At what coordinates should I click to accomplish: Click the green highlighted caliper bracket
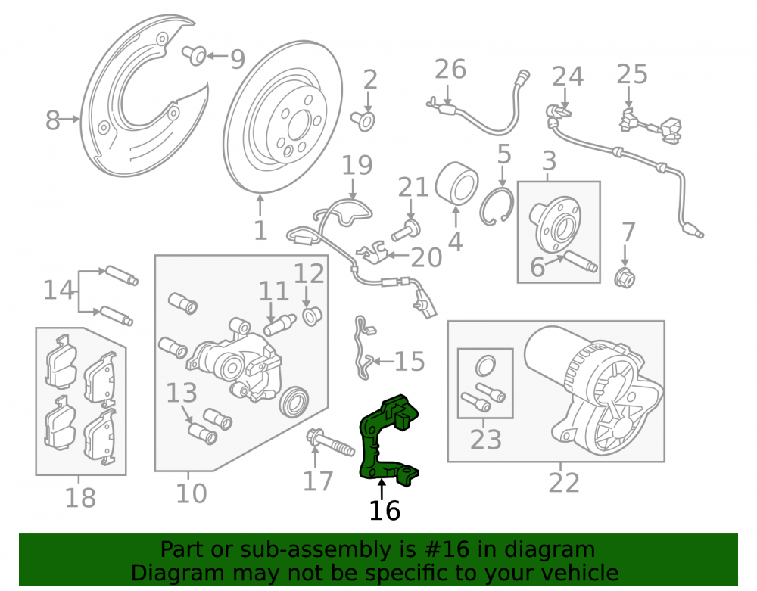371,444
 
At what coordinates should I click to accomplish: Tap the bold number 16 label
385,511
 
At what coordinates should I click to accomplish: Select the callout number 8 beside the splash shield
53,120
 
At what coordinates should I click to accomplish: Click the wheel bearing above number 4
456,184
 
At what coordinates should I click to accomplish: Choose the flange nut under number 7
625,278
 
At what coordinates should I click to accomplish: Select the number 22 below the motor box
563,483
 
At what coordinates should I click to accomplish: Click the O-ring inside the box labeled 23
485,365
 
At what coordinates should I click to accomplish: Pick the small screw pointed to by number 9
195,55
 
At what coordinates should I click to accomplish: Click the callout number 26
450,70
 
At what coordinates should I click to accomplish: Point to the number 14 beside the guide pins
59,291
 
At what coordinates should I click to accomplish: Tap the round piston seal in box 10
294,401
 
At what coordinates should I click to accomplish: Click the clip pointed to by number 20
372,252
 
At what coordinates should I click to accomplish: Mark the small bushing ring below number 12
311,316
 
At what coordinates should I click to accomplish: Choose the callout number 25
632,75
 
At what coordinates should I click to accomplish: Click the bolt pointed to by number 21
405,231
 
